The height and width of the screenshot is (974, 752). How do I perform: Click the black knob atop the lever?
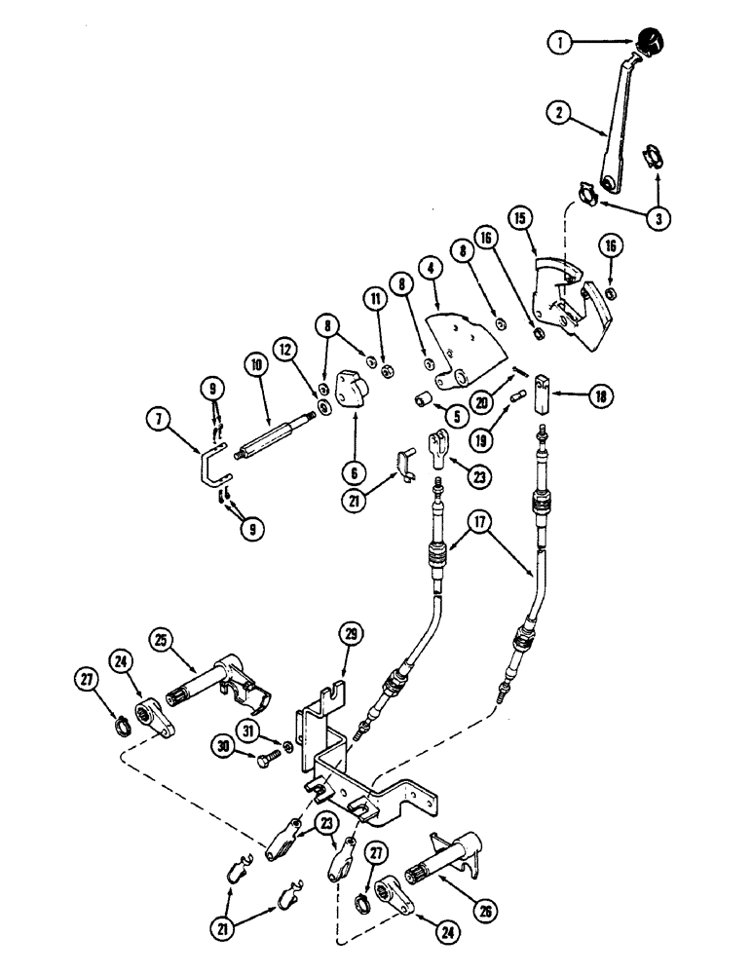(x=649, y=44)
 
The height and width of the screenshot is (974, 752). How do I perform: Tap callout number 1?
(x=558, y=43)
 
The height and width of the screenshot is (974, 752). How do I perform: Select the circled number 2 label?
(x=558, y=113)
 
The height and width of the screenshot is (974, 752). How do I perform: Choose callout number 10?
(x=256, y=364)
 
